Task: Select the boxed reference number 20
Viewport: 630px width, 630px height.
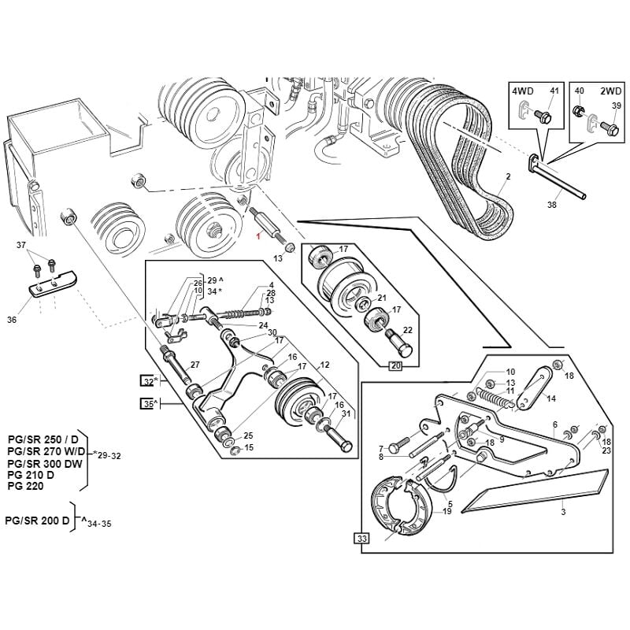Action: [x=395, y=365]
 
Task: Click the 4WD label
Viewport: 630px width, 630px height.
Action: [x=523, y=91]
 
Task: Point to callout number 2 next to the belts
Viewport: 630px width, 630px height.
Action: [x=509, y=176]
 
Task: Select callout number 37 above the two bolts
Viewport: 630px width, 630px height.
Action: [x=21, y=246]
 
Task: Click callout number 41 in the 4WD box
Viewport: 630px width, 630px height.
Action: [x=554, y=91]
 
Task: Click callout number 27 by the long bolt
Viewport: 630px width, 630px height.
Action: [x=195, y=365]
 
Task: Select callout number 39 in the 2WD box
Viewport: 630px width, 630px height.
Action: [x=617, y=106]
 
